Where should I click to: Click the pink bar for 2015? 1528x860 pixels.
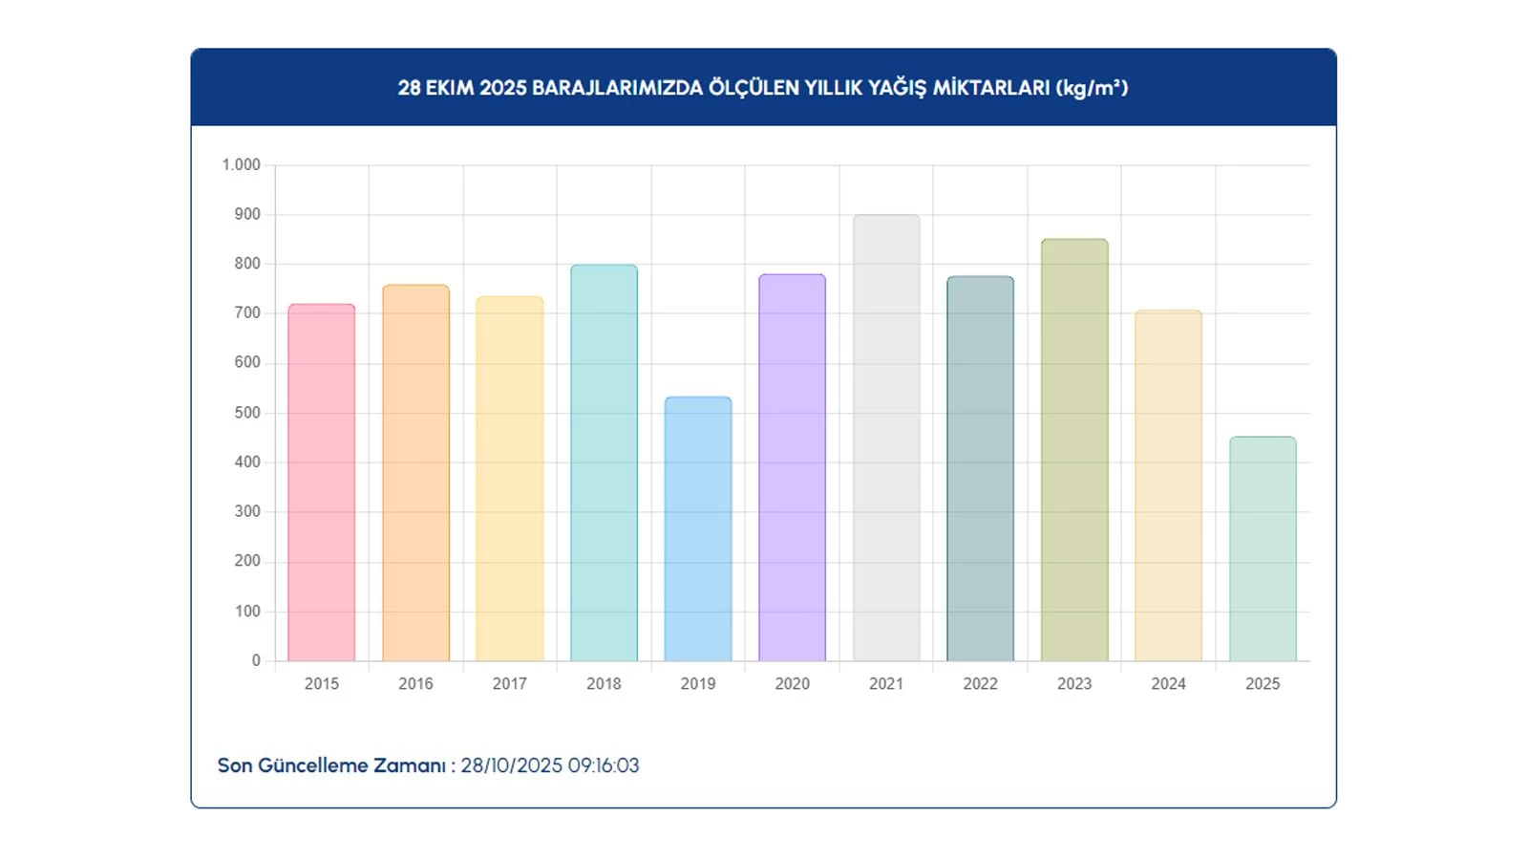point(321,483)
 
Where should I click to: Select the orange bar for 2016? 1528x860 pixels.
point(415,473)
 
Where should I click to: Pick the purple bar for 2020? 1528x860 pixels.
point(792,467)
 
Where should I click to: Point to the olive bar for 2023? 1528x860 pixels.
point(1074,450)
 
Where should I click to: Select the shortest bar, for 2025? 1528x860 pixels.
point(1263,548)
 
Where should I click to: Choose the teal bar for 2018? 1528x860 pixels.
point(604,462)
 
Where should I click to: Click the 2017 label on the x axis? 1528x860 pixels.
point(509,683)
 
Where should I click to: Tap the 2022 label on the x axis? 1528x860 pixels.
point(980,683)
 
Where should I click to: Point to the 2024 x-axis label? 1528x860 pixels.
point(1168,683)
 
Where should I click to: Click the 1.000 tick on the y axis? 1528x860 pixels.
point(241,164)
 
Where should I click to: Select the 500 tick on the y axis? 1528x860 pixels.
point(246,412)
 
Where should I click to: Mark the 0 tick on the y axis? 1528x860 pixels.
point(256,660)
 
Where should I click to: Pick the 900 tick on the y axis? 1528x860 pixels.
point(246,214)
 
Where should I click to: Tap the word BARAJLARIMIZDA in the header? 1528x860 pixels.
point(617,88)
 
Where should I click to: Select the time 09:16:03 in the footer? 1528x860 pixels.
point(604,765)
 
